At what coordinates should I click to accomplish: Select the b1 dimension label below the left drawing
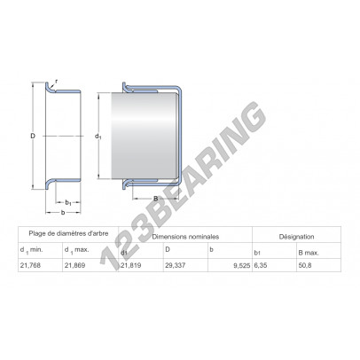[x=68, y=204]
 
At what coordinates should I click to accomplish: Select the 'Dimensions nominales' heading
[x=185, y=238]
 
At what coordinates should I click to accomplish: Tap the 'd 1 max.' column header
[x=79, y=251]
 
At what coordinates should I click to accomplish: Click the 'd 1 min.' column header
[x=32, y=251]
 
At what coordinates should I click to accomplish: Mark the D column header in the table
[x=168, y=251]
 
